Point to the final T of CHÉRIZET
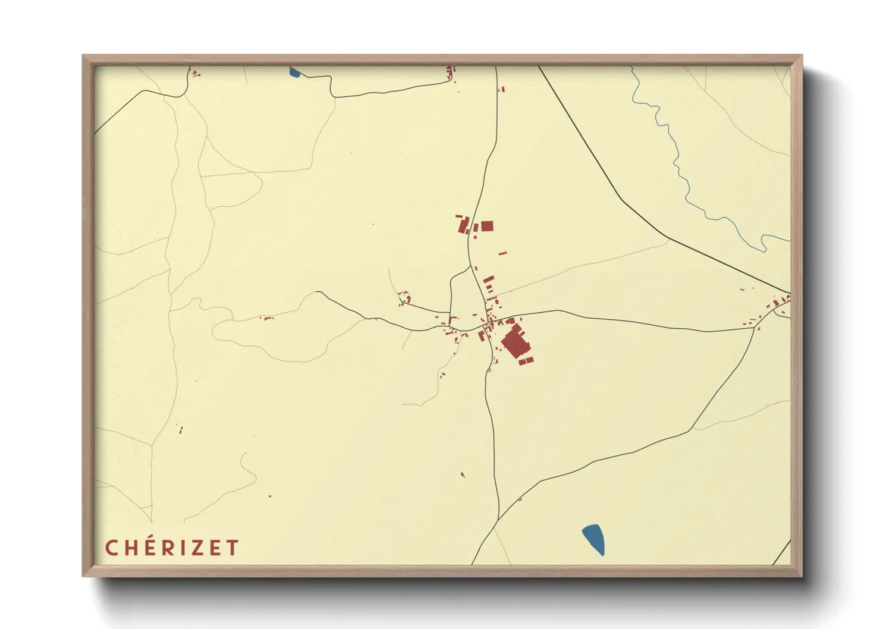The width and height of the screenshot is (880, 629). (x=232, y=548)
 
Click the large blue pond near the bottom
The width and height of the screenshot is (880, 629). (x=593, y=539)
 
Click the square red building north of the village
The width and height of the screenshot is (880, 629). (x=487, y=226)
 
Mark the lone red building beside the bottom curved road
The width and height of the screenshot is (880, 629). (x=520, y=499)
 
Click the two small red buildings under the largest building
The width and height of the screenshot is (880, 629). (x=526, y=360)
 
